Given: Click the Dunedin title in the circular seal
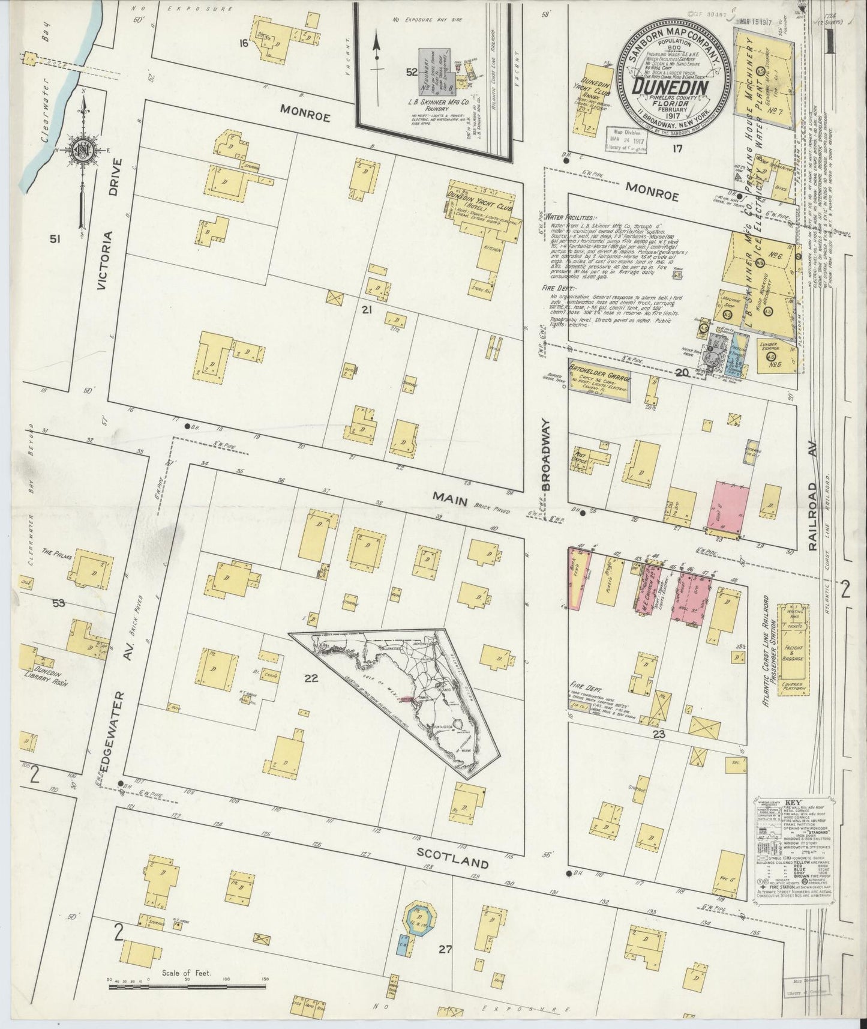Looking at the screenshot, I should pos(676,86).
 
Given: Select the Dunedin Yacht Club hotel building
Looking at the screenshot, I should pos(481,206).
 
